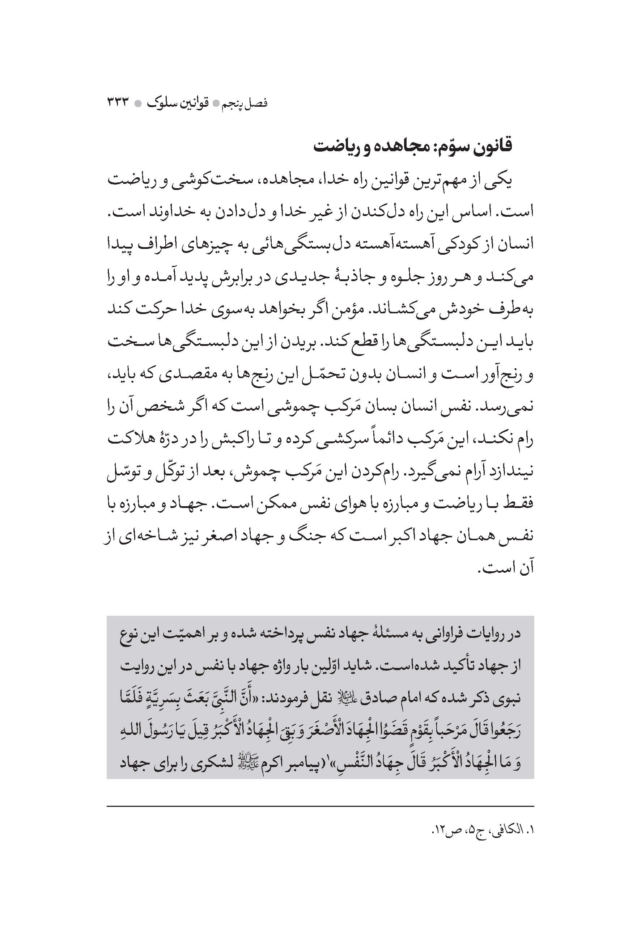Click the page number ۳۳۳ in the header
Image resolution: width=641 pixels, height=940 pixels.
(x=117, y=103)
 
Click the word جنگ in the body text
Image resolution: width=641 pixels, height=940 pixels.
(x=318, y=537)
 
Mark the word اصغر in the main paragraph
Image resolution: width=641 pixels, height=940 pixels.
(x=222, y=537)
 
